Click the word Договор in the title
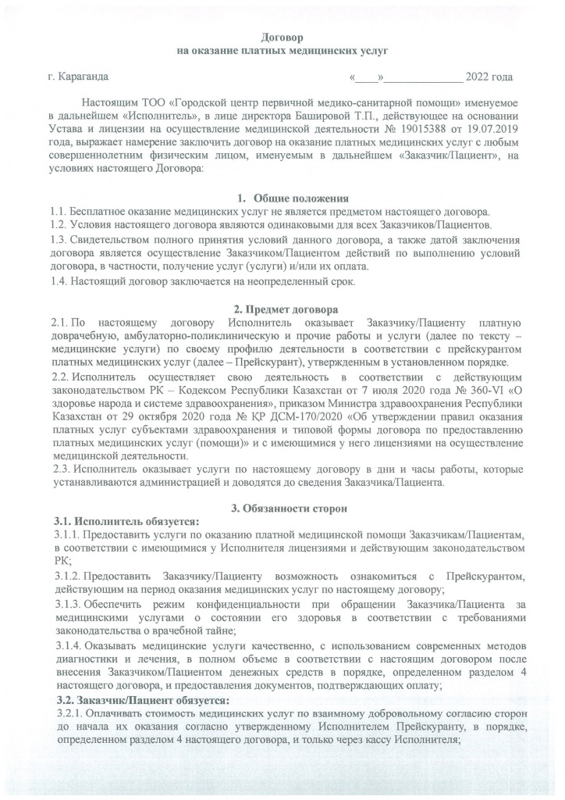pos(282,37)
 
